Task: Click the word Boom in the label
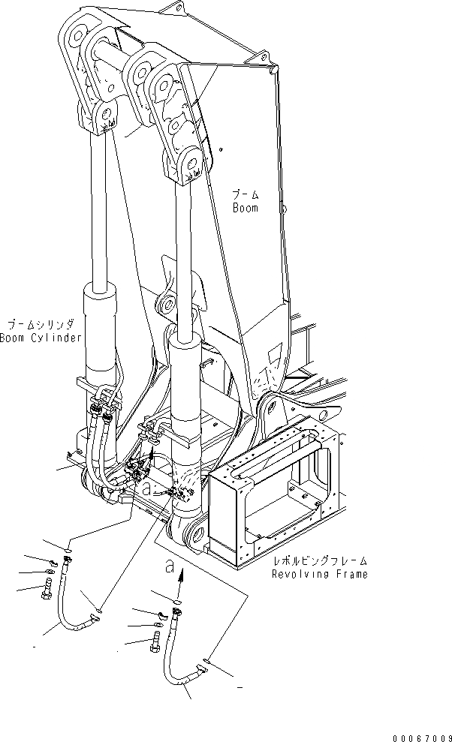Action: tap(245, 208)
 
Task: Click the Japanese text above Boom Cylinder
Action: tap(39, 324)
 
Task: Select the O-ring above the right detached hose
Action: tap(177, 600)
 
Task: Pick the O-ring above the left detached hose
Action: tap(68, 549)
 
